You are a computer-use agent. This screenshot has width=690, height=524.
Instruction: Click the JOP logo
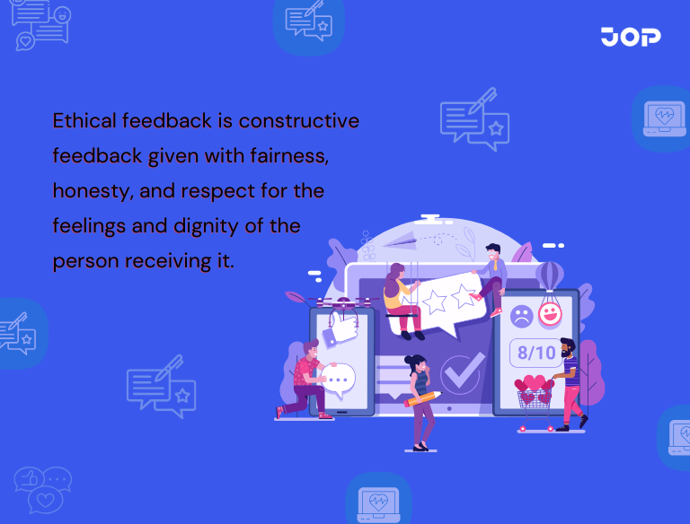(x=631, y=37)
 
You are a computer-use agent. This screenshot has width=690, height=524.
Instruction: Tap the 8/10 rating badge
(x=536, y=352)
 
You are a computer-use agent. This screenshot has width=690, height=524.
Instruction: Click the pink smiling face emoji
(x=549, y=314)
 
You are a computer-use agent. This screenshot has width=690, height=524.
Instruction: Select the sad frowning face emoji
(x=520, y=316)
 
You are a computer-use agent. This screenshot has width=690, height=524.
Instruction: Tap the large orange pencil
(x=423, y=397)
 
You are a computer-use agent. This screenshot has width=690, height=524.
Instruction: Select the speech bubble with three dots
(x=340, y=380)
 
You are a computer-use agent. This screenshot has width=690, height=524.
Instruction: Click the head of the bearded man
(x=566, y=347)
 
